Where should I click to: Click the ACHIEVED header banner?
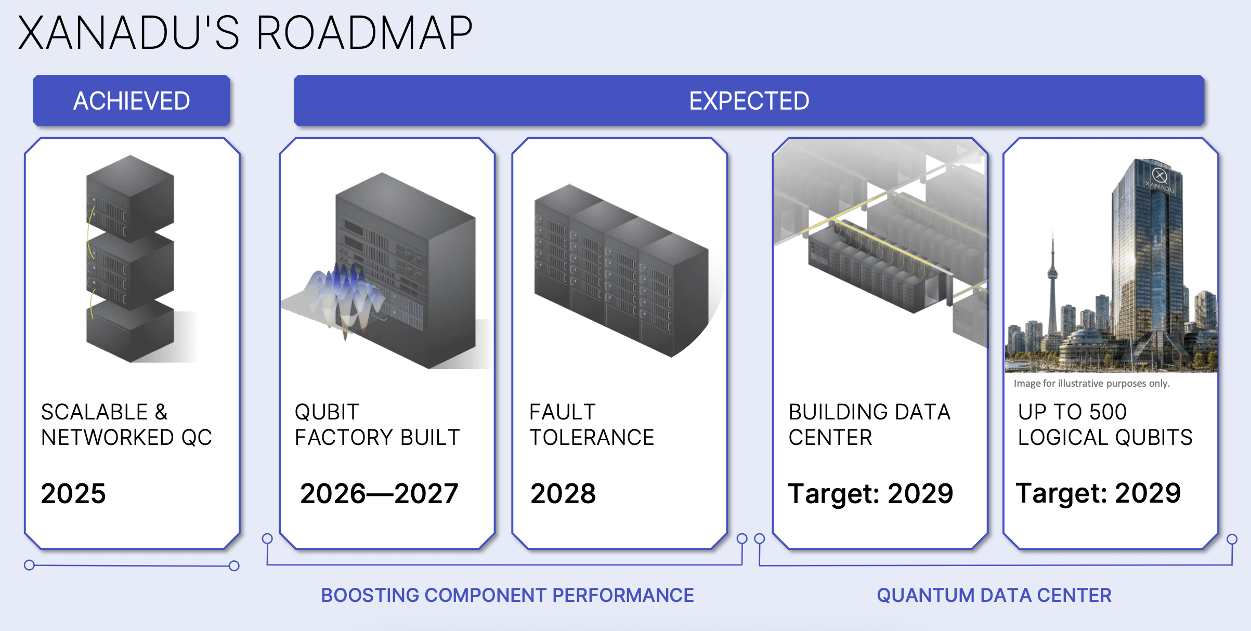pyautogui.click(x=132, y=100)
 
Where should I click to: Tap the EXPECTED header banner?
pyautogui.click(x=749, y=100)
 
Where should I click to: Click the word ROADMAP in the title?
pyautogui.click(x=364, y=33)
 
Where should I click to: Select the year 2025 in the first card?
pyautogui.click(x=73, y=493)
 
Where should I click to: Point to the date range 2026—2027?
pyautogui.click(x=379, y=493)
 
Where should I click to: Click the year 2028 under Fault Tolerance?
pyautogui.click(x=563, y=493)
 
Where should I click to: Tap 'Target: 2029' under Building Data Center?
pyautogui.click(x=871, y=493)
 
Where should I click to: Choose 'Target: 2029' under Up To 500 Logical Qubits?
pyautogui.click(x=1098, y=493)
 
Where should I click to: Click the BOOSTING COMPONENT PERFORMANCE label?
pyautogui.click(x=507, y=595)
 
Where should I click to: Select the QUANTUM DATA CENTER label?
pyautogui.click(x=994, y=595)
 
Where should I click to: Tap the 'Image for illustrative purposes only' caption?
pyautogui.click(x=1091, y=384)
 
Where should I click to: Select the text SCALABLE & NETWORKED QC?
pyautogui.click(x=127, y=425)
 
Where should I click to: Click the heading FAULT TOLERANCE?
pyautogui.click(x=592, y=425)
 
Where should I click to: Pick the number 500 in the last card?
pyautogui.click(x=1108, y=412)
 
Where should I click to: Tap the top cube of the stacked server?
pyautogui.click(x=130, y=198)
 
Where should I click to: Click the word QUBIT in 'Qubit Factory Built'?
pyautogui.click(x=327, y=412)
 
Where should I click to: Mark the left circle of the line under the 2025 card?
pyautogui.click(x=30, y=565)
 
